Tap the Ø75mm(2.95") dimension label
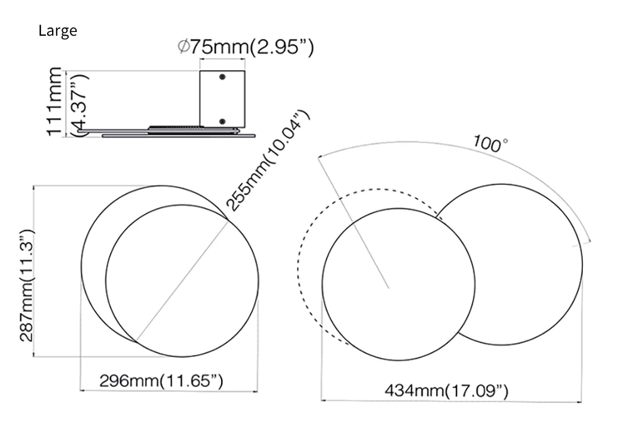click(246, 47)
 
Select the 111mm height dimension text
click(55, 102)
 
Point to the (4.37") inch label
click(80, 105)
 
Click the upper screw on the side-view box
click(222, 76)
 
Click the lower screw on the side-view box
click(222, 121)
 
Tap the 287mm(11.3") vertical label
click(27, 286)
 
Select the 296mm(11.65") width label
click(161, 381)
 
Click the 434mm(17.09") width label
click(447, 391)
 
